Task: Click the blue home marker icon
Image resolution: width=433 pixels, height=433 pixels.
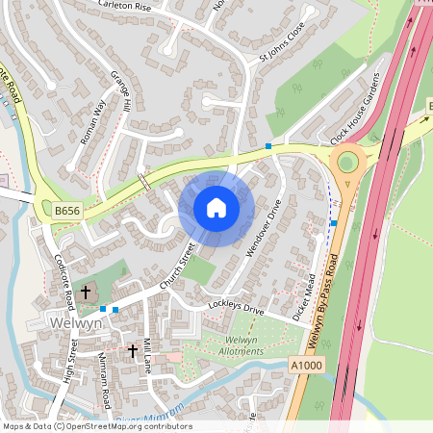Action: (216, 208)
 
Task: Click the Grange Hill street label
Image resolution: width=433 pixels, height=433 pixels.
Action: (118, 90)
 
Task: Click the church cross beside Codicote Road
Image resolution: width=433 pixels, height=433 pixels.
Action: (86, 291)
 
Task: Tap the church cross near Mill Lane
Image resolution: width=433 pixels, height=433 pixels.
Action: (133, 351)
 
